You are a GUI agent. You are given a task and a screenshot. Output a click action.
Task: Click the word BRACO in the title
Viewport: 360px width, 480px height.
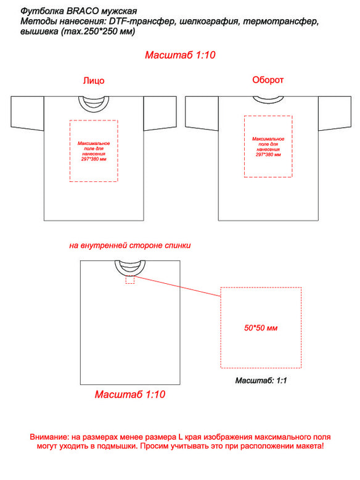(82, 11)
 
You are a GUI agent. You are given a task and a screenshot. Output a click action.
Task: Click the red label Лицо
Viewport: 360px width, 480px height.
(94, 80)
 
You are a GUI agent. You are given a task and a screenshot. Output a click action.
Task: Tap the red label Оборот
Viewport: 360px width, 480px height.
(268, 80)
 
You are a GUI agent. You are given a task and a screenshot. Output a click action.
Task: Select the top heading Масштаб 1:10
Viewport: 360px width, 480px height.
(180, 55)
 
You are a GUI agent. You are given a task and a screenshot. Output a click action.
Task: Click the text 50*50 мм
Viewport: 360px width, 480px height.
(261, 328)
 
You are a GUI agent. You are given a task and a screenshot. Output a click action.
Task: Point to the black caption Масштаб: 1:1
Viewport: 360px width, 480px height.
(261, 381)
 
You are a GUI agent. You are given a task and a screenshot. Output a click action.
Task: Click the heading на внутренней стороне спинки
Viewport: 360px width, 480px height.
(130, 246)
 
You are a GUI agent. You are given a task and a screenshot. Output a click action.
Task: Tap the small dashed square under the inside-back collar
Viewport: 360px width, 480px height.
(130, 280)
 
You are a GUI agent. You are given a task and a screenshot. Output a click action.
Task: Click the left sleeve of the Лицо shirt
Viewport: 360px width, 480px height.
(28, 114)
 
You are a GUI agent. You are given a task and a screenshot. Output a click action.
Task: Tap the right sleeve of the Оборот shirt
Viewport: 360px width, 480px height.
(335, 114)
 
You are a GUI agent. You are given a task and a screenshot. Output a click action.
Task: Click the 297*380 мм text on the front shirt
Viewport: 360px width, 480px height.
(94, 159)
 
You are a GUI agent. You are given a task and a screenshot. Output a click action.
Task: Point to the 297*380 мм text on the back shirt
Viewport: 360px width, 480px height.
(268, 155)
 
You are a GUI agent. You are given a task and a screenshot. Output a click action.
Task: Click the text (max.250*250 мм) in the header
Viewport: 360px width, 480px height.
(98, 31)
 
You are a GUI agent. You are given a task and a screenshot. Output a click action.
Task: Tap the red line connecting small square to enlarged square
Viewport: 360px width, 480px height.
(178, 286)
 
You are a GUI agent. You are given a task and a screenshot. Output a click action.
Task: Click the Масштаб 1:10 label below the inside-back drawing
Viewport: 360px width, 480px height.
(130, 394)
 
